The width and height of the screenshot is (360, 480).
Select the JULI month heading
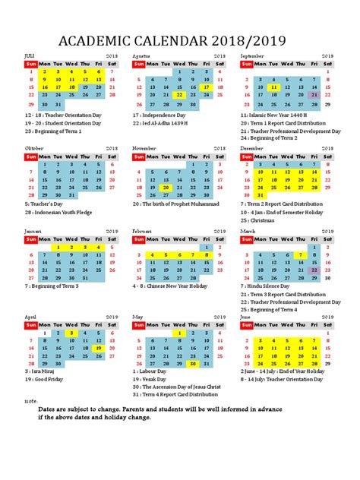30,56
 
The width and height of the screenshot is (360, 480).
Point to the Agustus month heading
142,56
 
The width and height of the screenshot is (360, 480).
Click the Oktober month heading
35,148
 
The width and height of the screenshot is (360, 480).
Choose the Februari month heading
143,230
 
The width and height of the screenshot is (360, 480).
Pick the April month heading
31,316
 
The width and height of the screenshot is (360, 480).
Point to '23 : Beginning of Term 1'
55,129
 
